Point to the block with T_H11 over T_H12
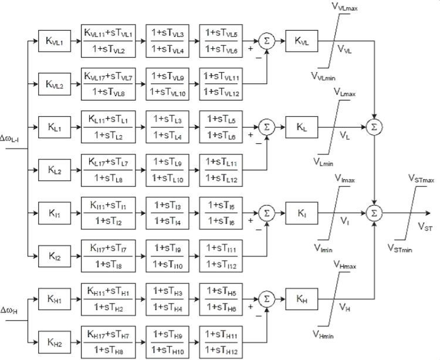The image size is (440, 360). pyautogui.click(x=221, y=341)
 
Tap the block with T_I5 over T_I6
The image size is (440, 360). pyautogui.click(x=221, y=212)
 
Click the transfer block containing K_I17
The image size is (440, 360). pyautogui.click(x=107, y=255)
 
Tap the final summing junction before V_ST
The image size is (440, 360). pyautogui.click(x=373, y=213)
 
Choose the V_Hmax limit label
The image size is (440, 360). pyautogui.click(x=347, y=265)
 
